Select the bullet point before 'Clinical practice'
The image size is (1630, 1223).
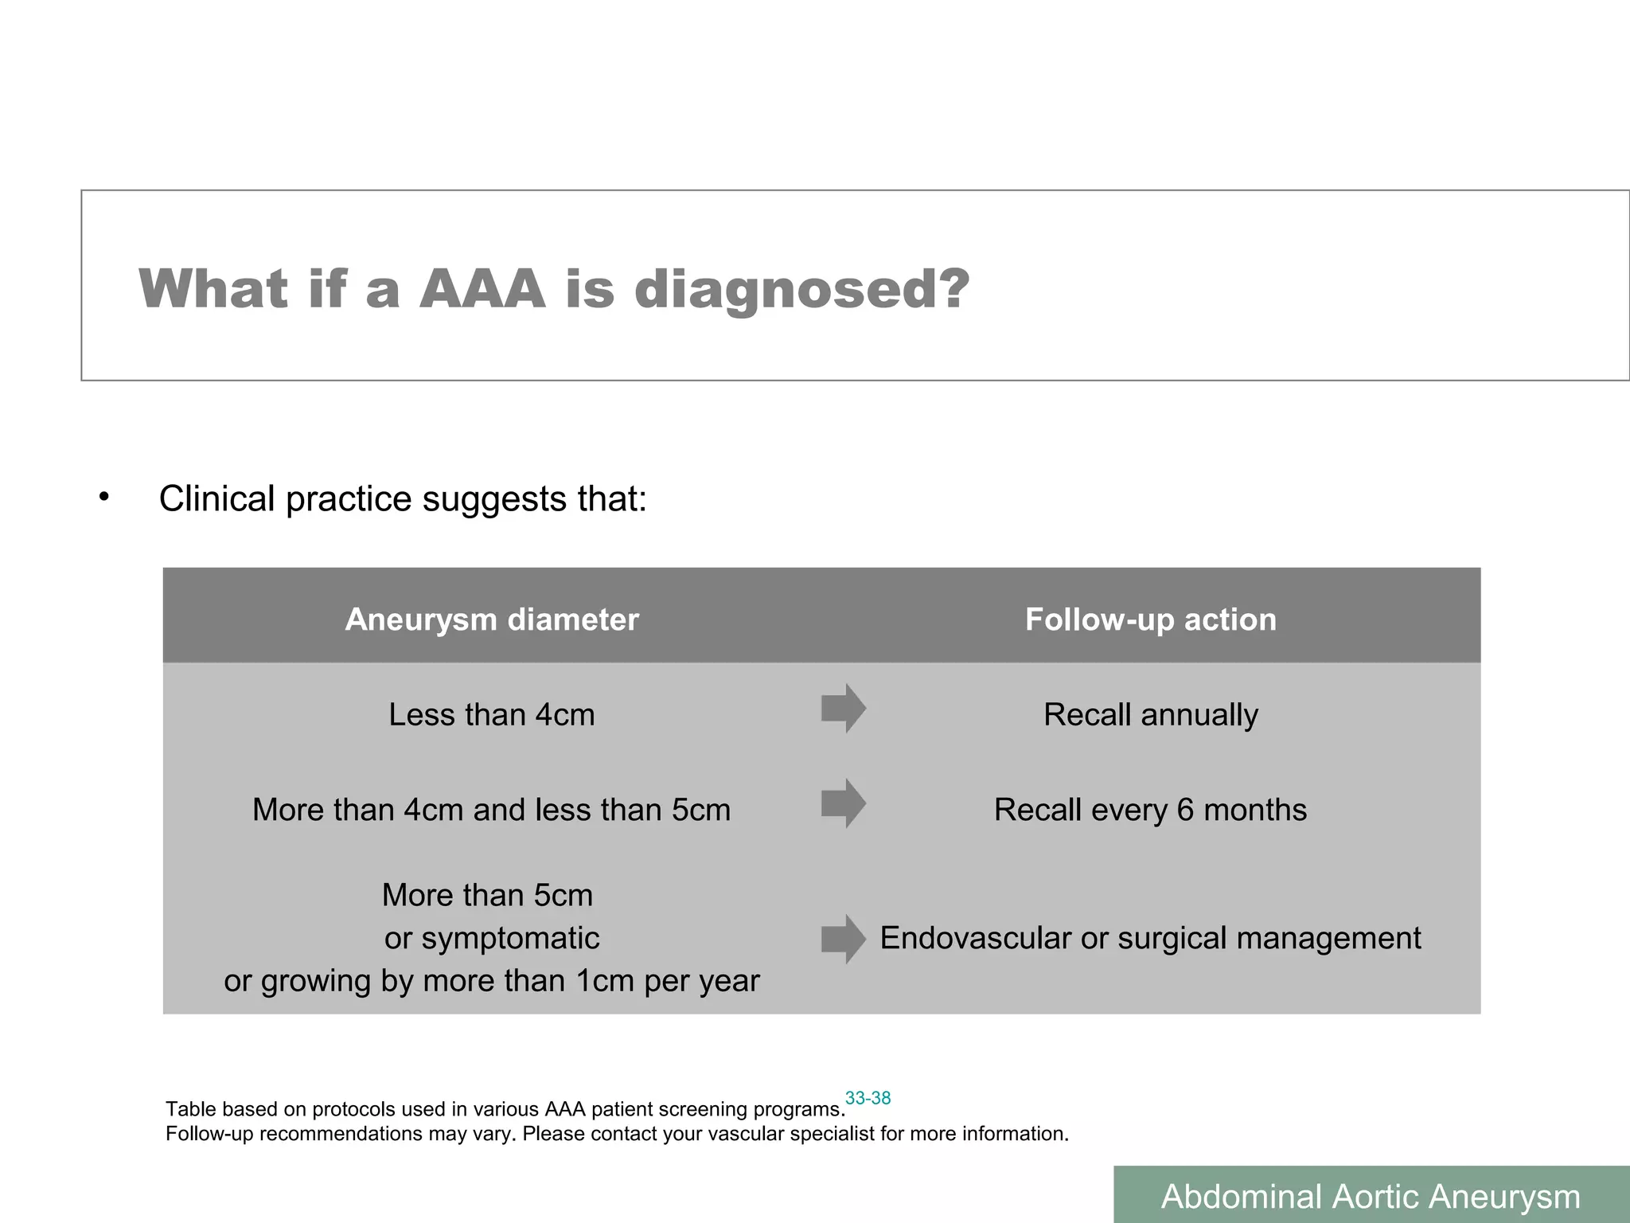pyautogui.click(x=103, y=498)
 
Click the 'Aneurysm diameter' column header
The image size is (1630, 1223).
pyautogui.click(x=492, y=619)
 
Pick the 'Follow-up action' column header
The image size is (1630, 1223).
pyautogui.click(x=1150, y=619)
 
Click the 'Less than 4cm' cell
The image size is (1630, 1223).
pyautogui.click(x=492, y=714)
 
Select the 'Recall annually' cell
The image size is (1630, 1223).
pyautogui.click(x=1150, y=714)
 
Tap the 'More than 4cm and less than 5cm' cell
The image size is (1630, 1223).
pyautogui.click(x=492, y=810)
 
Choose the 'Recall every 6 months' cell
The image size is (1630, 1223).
pyautogui.click(x=1150, y=810)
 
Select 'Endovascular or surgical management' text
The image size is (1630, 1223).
pyautogui.click(x=1150, y=938)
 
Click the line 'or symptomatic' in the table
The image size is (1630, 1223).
pyautogui.click(x=492, y=938)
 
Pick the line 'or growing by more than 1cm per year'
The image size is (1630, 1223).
pyautogui.click(x=492, y=981)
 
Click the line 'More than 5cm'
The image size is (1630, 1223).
pyautogui.click(x=487, y=895)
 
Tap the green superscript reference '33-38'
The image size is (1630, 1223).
pyautogui.click(x=868, y=1098)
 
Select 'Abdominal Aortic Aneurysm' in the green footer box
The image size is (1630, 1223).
pyautogui.click(x=1371, y=1197)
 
